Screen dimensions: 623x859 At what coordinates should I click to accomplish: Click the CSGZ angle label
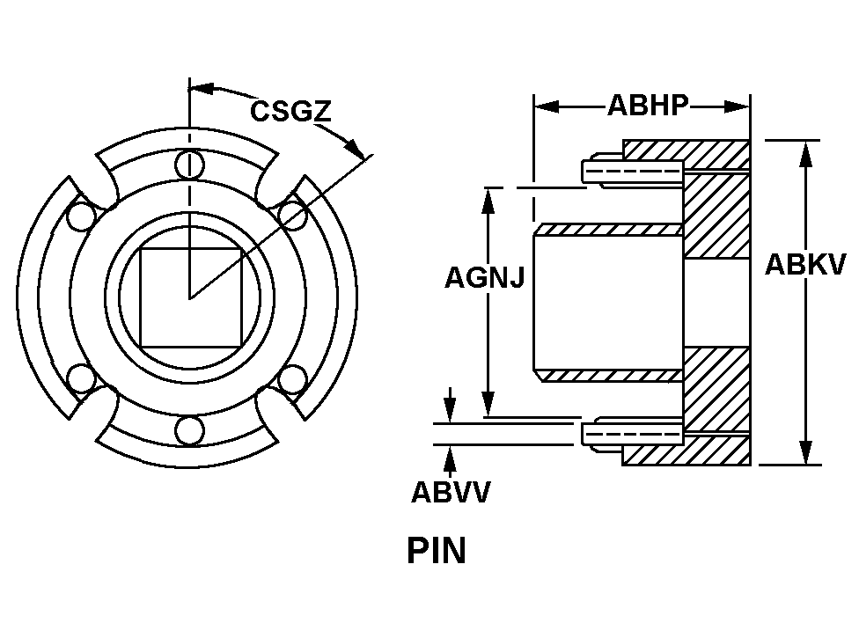pyautogui.click(x=290, y=112)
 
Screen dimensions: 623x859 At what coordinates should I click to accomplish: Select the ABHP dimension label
pyautogui.click(x=647, y=106)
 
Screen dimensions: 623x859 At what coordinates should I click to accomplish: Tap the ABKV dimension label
pyautogui.click(x=804, y=264)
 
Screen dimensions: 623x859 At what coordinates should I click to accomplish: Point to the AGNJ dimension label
pyautogui.click(x=484, y=278)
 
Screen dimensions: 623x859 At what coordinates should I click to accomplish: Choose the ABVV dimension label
pyautogui.click(x=450, y=492)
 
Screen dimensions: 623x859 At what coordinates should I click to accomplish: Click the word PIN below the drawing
pyautogui.click(x=437, y=551)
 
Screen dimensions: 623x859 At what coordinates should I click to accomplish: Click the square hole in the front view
pyautogui.click(x=190, y=297)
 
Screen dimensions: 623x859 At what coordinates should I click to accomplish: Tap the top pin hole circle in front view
pyautogui.click(x=188, y=164)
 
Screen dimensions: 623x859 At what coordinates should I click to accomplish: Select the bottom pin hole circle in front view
pyautogui.click(x=188, y=430)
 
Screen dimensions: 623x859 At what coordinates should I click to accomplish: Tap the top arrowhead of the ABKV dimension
pyautogui.click(x=804, y=152)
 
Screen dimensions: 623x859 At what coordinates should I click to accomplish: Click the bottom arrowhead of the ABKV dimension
pyautogui.click(x=804, y=451)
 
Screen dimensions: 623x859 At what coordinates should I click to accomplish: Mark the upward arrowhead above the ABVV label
pyautogui.click(x=450, y=457)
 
